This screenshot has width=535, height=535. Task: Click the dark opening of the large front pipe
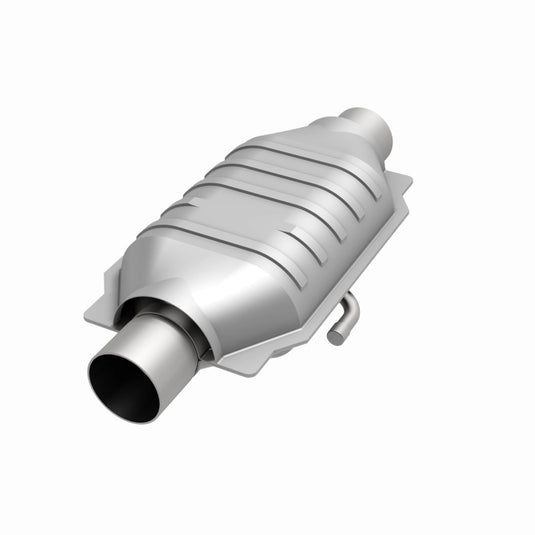[122, 386]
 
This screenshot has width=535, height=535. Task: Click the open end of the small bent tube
[335, 337]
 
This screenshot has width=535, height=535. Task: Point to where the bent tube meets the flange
[345, 297]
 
